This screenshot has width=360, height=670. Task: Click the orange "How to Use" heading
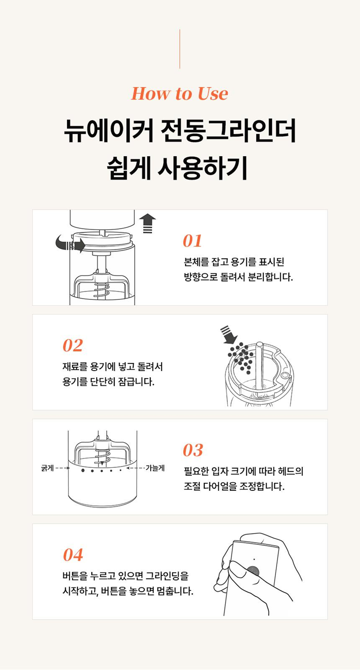[180, 94]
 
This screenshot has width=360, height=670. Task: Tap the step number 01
[192, 241]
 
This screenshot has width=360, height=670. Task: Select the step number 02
[72, 346]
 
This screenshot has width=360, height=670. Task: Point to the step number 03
[193, 450]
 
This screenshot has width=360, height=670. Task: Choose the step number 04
[73, 555]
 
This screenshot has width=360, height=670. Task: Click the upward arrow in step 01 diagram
[148, 223]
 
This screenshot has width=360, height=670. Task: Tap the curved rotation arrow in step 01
[70, 244]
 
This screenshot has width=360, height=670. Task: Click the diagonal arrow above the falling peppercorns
[229, 335]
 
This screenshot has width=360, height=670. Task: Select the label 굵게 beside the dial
[47, 468]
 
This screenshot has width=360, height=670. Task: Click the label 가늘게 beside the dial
[155, 468]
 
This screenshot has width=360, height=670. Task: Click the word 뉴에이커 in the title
[109, 131]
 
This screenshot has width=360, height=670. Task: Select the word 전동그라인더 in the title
[228, 131]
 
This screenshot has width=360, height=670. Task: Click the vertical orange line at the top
[180, 49]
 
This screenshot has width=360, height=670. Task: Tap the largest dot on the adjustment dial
[83, 471]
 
